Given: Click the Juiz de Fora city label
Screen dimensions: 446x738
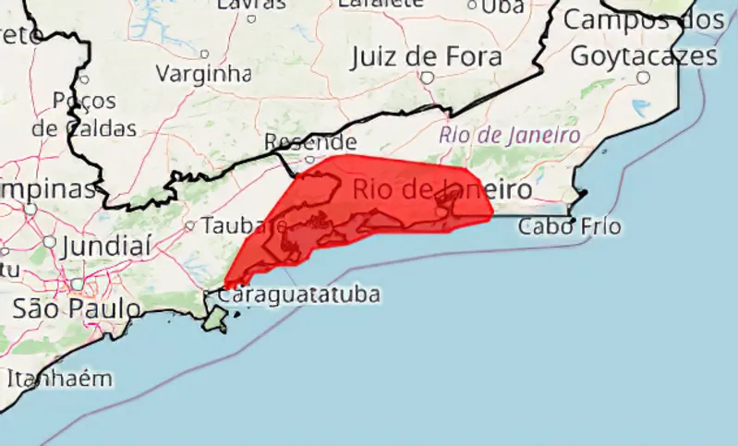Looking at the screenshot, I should point(427,56).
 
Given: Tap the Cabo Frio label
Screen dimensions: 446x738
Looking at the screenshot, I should point(569,226).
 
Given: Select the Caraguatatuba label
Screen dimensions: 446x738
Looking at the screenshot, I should point(298,295).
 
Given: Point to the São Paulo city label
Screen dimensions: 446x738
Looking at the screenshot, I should point(77,308).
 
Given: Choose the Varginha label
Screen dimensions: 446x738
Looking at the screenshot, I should point(203,73).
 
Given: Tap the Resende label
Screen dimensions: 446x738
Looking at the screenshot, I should point(310,142).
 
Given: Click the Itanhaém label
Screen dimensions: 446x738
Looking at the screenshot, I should point(59,379).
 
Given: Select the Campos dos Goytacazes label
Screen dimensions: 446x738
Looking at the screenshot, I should point(644,37).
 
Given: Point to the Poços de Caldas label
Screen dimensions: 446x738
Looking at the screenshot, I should point(85,114).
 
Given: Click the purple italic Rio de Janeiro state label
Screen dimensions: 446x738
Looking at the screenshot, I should point(510,135).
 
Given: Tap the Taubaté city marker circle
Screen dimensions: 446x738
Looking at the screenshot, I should point(190,224).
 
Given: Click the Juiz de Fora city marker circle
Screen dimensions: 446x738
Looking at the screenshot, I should point(427,78).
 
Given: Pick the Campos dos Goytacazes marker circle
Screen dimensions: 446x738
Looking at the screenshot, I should point(643,78).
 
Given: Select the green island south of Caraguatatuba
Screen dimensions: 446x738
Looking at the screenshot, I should point(215,319).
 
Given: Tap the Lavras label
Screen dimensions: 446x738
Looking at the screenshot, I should point(250,5).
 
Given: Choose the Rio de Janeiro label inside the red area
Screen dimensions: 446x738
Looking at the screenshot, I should point(442,191).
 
